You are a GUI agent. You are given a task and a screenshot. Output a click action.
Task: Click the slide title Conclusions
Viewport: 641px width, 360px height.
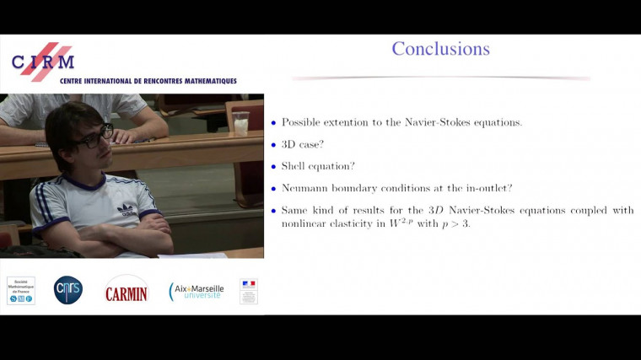click(x=440, y=49)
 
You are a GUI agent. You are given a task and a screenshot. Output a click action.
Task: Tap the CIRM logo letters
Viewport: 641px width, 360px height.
click(x=42, y=62)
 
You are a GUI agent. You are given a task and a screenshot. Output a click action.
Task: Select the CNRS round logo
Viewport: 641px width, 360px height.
click(x=68, y=289)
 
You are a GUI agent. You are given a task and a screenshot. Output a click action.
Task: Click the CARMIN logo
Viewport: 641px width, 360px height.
click(x=126, y=292)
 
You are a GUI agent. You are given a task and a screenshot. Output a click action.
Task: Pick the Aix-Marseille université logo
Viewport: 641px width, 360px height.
click(x=197, y=291)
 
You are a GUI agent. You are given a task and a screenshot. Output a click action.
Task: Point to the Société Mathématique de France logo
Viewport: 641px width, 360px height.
click(x=21, y=290)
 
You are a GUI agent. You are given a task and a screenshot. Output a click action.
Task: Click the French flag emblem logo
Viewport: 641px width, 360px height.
click(x=248, y=291)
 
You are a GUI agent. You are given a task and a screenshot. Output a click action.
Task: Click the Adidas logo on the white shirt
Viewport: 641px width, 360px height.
click(x=127, y=208)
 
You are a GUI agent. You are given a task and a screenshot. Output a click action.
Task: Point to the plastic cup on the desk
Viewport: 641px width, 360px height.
click(x=241, y=122)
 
